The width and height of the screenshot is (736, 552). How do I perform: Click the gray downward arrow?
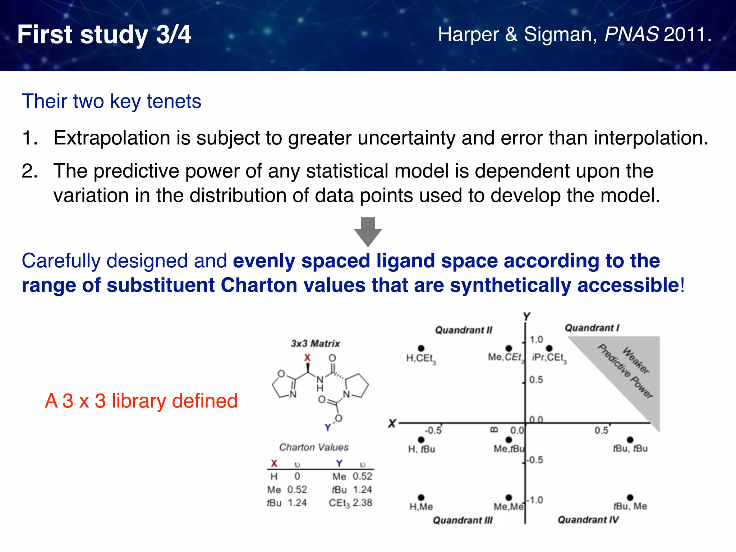click(x=368, y=231)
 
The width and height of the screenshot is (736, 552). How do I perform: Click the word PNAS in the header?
click(x=631, y=34)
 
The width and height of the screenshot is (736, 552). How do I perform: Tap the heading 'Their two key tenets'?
click(x=111, y=101)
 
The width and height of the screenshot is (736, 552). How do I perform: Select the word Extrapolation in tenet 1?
click(x=112, y=138)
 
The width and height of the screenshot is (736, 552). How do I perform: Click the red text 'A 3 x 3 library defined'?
click(x=141, y=401)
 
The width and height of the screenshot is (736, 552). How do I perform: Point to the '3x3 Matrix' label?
click(x=315, y=344)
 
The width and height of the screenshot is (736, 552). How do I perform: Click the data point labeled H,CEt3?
click(x=421, y=348)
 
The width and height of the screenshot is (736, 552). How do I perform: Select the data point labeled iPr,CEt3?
click(x=549, y=348)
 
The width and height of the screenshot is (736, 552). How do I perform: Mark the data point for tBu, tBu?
click(x=630, y=440)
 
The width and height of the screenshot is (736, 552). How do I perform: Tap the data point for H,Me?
click(x=421, y=497)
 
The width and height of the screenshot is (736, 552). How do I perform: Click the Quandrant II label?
click(x=464, y=330)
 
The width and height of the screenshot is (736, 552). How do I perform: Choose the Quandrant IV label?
click(x=588, y=520)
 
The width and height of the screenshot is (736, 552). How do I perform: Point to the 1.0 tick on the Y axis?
click(x=536, y=340)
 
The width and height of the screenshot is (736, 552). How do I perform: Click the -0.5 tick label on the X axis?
click(x=433, y=431)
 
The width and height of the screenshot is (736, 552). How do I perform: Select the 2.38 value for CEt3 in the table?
click(x=362, y=503)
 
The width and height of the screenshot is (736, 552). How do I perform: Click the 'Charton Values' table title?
click(x=314, y=447)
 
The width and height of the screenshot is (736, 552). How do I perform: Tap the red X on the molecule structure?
click(x=307, y=358)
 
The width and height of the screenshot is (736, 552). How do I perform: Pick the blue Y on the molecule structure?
click(x=328, y=427)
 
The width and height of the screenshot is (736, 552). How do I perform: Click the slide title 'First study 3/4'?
click(x=104, y=35)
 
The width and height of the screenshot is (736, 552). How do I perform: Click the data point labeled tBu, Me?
click(x=630, y=497)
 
